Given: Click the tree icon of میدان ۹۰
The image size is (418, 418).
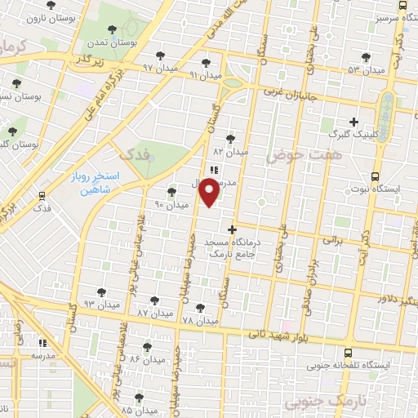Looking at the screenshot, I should coord(171,193).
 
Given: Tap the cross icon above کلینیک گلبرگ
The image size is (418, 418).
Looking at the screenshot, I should coord(354,121).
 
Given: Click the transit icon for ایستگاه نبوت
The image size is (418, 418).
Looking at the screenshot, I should coord(375,176).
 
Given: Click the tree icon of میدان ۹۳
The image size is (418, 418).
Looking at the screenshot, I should coord(101,291).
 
